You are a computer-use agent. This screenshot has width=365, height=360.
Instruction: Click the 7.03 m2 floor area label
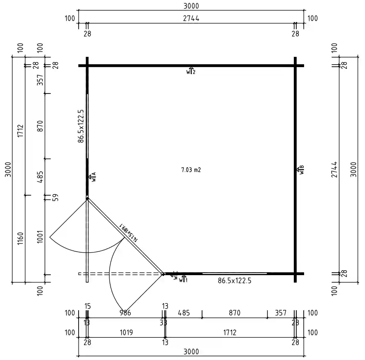tap(191, 169)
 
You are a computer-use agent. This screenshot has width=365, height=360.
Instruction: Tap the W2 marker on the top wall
tap(191, 71)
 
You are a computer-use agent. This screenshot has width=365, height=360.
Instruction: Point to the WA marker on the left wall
tap(93, 177)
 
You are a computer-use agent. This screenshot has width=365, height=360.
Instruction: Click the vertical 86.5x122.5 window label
tap(81, 126)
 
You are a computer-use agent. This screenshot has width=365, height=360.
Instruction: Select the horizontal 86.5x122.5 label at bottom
tap(234, 281)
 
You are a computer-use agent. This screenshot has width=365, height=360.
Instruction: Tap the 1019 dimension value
tap(126, 332)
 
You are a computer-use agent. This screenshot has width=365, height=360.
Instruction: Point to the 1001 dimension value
tap(40, 237)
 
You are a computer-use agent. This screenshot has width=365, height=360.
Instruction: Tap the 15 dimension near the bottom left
tap(87, 306)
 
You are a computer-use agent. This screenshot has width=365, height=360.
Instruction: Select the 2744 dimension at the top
tap(191, 19)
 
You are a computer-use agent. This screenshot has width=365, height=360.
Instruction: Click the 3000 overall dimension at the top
tap(191, 6)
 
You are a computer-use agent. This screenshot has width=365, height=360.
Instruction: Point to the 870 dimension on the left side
tap(40, 126)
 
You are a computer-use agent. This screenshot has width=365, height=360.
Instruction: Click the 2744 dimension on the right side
tap(334, 169)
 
